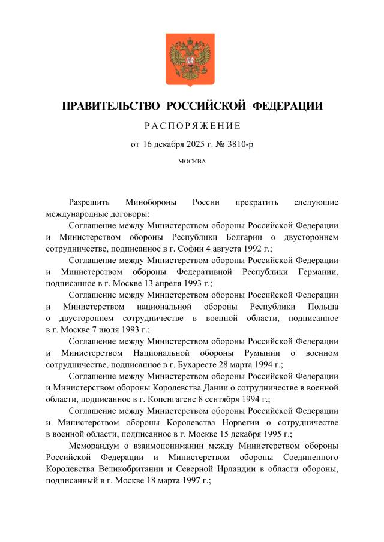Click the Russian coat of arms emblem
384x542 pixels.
[x=191, y=60]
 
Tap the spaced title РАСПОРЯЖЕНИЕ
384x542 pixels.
[x=192, y=126]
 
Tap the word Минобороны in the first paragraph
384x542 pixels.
[x=150, y=202]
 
